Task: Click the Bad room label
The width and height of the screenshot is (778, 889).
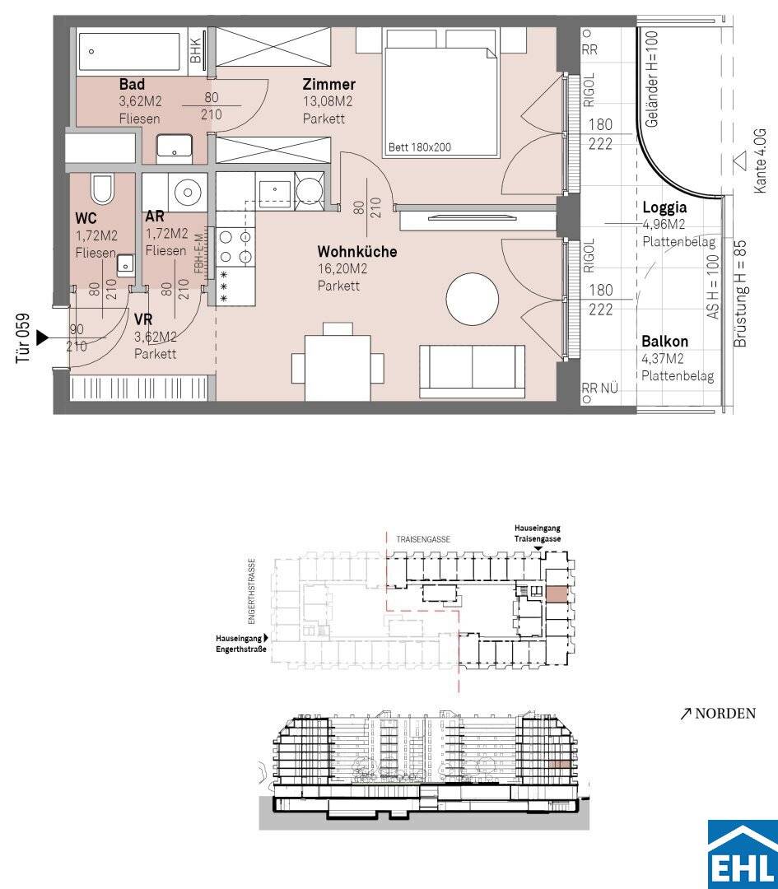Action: click(132, 85)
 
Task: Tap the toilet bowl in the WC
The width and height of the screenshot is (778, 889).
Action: click(102, 189)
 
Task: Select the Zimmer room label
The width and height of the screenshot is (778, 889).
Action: click(328, 85)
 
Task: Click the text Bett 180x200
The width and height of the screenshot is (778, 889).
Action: click(420, 147)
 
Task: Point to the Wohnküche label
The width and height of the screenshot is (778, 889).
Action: click(356, 251)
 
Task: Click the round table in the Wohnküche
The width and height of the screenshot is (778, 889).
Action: click(473, 298)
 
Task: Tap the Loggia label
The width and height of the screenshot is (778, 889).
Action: click(664, 208)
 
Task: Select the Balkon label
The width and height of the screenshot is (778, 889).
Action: click(664, 342)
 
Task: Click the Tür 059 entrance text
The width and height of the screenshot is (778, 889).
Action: click(22, 338)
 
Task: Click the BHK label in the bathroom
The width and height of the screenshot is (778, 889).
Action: click(196, 50)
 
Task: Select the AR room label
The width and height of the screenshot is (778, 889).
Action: click(155, 216)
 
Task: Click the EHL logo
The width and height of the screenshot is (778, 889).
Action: click(743, 854)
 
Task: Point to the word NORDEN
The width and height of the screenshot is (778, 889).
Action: click(725, 713)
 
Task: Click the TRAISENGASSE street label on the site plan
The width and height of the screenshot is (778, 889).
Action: click(423, 540)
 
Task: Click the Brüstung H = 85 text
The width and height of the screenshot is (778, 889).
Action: click(740, 294)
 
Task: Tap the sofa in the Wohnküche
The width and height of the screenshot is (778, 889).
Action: click(472, 370)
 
